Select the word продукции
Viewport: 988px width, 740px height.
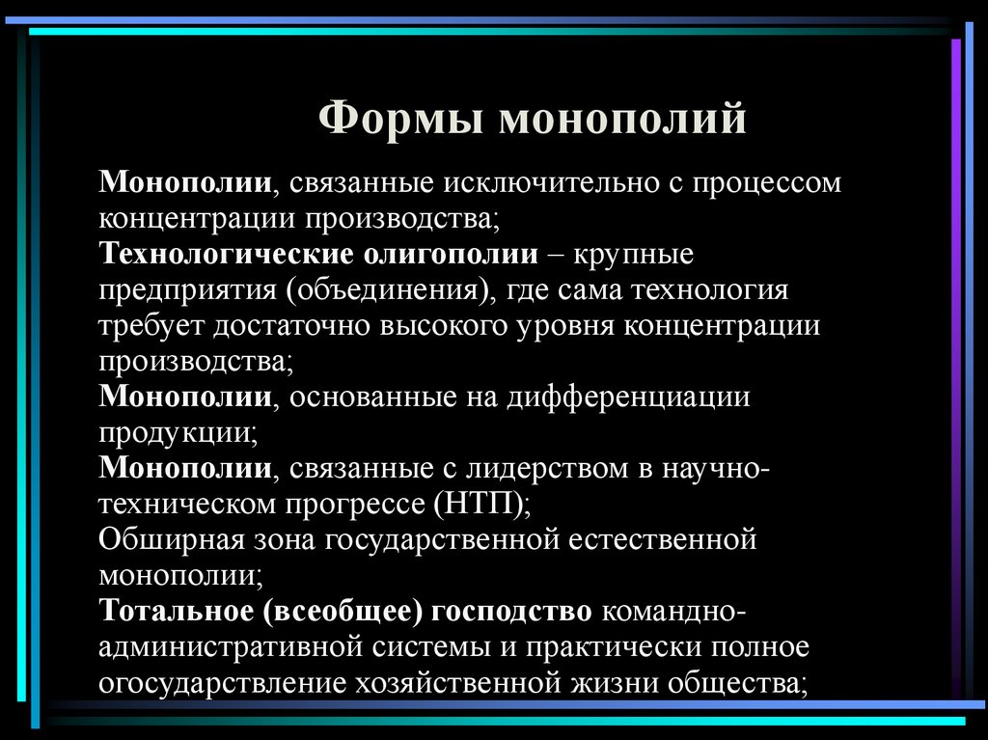pos(176,433)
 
